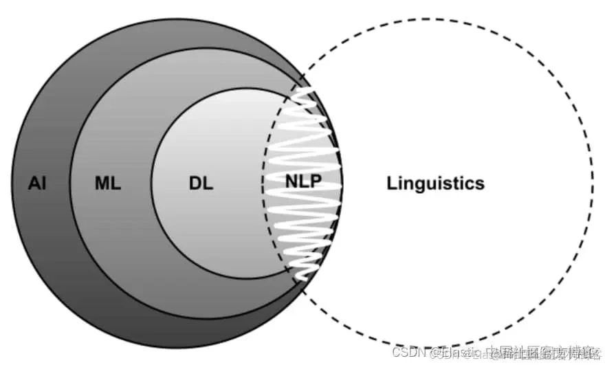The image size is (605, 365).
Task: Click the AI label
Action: point(37,184)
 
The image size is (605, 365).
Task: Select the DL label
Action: point(201,184)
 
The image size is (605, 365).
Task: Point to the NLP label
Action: point(303,184)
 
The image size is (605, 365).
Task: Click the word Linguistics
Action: point(435,184)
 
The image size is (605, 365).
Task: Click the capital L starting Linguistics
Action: point(392,184)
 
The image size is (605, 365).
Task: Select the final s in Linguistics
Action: point(480,184)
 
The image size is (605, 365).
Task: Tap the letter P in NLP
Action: point(316,184)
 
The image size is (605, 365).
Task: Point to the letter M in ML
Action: point(102,184)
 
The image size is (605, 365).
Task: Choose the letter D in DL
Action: point(195,184)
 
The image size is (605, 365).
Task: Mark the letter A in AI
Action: point(34,184)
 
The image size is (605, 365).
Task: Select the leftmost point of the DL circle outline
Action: point(151,184)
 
